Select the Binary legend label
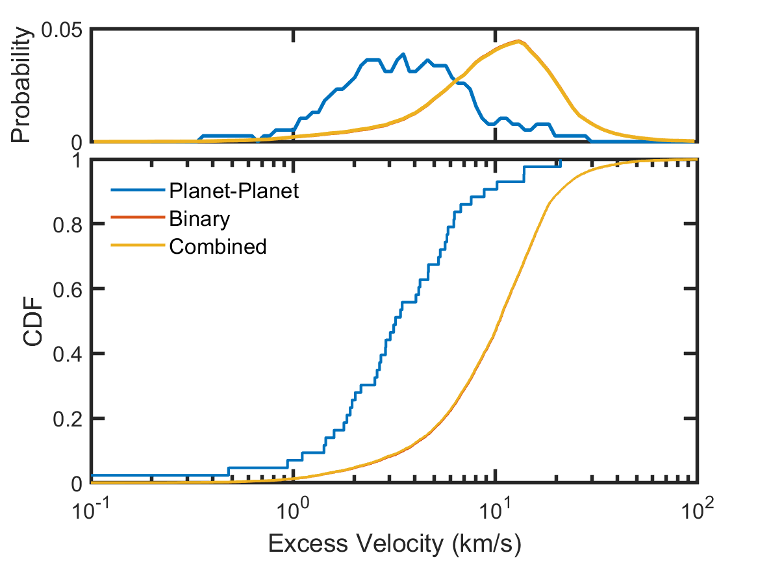tap(199, 219)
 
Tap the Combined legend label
tap(217, 247)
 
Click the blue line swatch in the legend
tap(134, 191)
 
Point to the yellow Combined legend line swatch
tap(134, 247)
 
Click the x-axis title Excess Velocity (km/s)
tap(394, 545)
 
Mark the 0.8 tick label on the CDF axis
tap(68, 224)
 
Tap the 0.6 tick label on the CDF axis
tap(68, 289)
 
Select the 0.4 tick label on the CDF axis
tap(68, 354)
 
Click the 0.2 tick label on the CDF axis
tap(68, 419)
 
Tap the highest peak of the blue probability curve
tap(403, 54)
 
